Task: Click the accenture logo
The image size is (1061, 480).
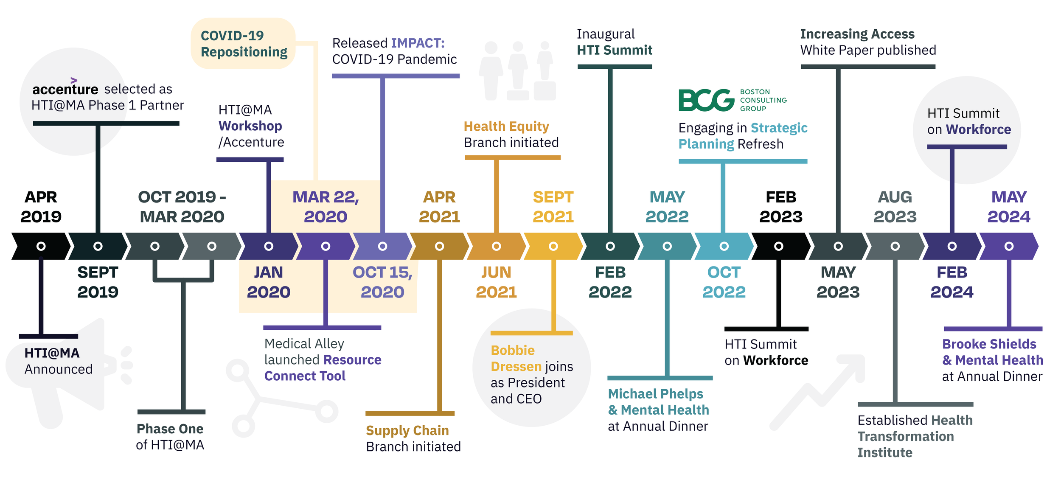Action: click(x=65, y=88)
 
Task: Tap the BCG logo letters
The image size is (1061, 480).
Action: click(x=706, y=100)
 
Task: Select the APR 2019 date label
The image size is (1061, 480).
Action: click(x=41, y=207)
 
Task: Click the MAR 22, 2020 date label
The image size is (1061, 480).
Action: click(x=326, y=207)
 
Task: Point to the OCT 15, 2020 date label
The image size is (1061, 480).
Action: click(x=382, y=282)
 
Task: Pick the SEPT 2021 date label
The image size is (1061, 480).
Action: click(x=553, y=207)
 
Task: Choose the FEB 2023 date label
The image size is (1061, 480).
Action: click(x=781, y=207)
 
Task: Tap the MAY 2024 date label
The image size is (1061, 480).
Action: click(x=1009, y=207)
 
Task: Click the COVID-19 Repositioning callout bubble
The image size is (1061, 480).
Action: click(x=243, y=44)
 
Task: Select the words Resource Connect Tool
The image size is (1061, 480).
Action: click(x=323, y=368)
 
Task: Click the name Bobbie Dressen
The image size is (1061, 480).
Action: click(x=516, y=358)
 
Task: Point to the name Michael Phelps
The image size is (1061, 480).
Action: click(x=655, y=394)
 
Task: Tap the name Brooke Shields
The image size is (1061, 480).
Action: click(x=989, y=344)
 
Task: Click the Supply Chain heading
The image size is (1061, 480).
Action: click(x=407, y=430)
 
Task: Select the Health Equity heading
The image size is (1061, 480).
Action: click(x=506, y=126)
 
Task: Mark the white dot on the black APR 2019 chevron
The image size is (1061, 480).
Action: click(x=41, y=246)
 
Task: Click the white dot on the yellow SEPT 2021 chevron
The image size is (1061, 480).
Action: click(x=553, y=246)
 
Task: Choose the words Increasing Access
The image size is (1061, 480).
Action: click(x=857, y=34)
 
